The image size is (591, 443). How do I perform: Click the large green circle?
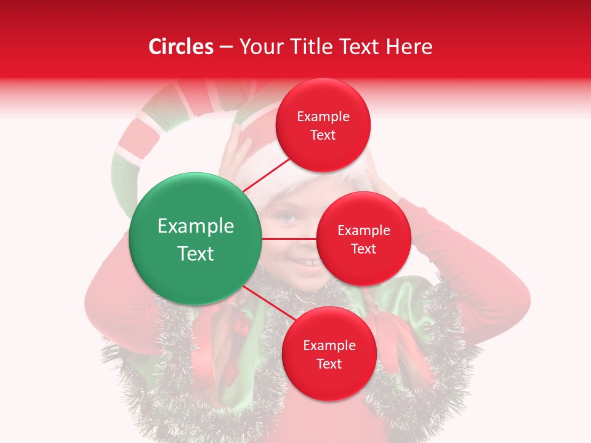(x=196, y=239)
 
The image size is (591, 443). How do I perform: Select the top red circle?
(x=323, y=125)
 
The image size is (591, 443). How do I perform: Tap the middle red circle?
(x=363, y=239)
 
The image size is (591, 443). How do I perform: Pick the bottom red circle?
(x=329, y=354)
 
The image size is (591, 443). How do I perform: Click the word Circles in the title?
(x=180, y=47)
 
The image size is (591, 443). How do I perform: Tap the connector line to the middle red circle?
(x=289, y=239)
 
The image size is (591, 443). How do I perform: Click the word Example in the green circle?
(x=196, y=226)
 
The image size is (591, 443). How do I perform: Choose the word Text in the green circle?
(x=196, y=253)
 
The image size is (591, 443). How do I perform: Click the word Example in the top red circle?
(x=323, y=116)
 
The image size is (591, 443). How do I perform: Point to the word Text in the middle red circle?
(x=363, y=249)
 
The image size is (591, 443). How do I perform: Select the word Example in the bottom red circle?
(x=329, y=345)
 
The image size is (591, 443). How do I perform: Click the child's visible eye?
(x=286, y=217)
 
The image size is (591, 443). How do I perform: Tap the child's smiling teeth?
(x=304, y=263)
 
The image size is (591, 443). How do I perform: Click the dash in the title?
(x=226, y=47)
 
